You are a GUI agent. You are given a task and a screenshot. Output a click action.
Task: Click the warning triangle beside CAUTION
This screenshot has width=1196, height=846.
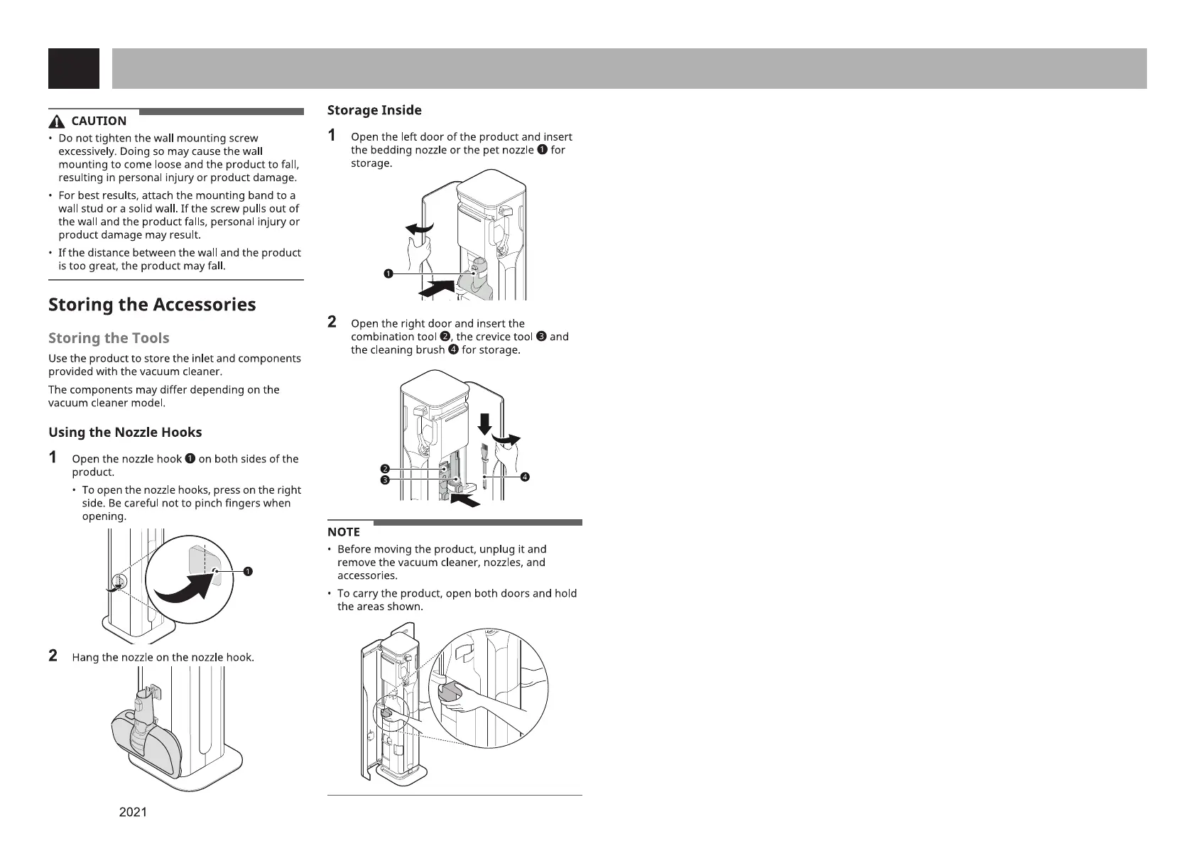pos(57,121)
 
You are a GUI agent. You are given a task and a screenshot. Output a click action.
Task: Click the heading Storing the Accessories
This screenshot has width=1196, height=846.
pos(152,305)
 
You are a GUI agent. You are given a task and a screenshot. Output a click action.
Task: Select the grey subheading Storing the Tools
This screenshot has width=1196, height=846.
pos(109,338)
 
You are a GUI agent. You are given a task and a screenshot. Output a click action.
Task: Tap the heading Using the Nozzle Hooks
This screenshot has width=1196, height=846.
pos(125,433)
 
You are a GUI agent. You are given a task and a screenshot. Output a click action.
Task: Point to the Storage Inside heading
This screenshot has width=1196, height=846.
pos(374,110)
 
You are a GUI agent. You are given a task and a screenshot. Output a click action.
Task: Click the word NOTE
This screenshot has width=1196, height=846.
pos(344,532)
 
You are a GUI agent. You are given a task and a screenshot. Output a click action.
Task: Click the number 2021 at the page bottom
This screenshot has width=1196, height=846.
pos(133,811)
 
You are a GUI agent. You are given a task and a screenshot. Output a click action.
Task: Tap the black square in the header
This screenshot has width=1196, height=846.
pos(74,69)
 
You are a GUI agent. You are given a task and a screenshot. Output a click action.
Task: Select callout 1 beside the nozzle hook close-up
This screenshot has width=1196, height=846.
pos(248,571)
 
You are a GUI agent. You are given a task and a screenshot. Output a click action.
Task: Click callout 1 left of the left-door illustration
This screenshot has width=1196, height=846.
pos(388,274)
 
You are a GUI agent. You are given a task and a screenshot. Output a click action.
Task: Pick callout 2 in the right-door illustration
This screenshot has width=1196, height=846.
pos(384,469)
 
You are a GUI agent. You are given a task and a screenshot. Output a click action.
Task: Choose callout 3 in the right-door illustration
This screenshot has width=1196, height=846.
pos(384,480)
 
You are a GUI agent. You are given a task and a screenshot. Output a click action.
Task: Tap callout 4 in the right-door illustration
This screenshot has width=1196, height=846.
pos(525,477)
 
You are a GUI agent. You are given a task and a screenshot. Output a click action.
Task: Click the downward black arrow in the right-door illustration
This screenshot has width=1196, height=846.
pos(484,423)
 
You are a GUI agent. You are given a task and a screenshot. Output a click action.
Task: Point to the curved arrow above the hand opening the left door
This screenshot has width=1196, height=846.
pos(419,228)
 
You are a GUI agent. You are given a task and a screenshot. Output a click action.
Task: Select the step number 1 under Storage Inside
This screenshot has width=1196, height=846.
pos(332,136)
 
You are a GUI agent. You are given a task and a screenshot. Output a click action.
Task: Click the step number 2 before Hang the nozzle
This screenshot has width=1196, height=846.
pos(53,656)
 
